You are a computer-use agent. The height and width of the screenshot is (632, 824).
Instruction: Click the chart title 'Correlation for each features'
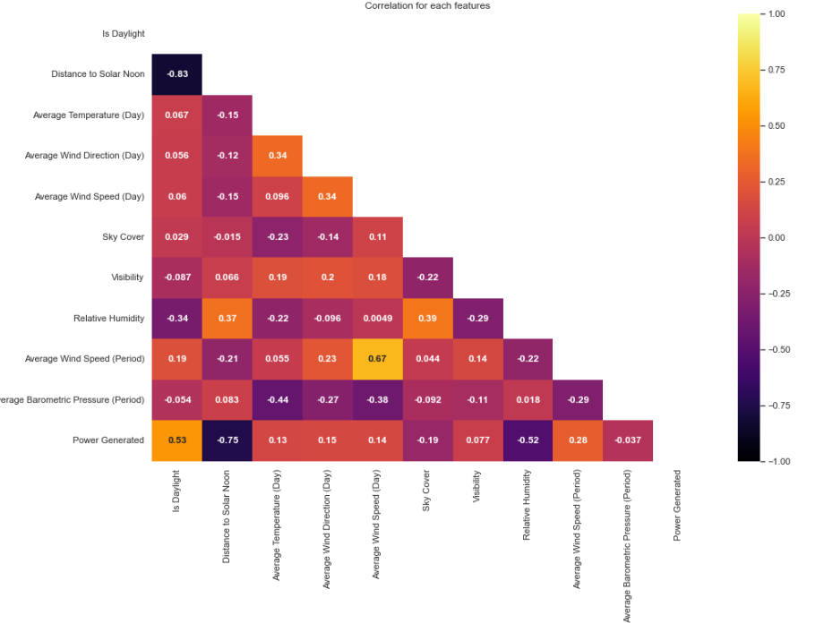[x=427, y=6]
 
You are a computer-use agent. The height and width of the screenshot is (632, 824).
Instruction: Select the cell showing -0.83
[x=176, y=74]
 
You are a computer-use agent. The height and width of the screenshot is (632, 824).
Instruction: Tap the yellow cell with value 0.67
[x=377, y=359]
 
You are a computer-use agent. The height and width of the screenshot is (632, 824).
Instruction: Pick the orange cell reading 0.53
[x=176, y=440]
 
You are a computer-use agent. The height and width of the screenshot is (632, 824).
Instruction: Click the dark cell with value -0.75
[x=227, y=440]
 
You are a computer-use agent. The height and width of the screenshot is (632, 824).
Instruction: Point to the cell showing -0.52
[x=528, y=440]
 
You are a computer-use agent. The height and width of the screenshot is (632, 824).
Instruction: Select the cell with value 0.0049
[x=377, y=319]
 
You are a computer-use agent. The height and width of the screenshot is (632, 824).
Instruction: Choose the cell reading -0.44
[x=277, y=400]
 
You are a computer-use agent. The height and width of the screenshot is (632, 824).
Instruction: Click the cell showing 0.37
[x=227, y=319]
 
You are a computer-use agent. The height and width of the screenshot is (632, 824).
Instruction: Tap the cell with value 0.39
[x=427, y=319]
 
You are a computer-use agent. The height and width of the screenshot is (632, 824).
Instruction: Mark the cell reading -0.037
[x=628, y=440]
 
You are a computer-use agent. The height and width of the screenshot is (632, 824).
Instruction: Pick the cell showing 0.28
[x=578, y=440]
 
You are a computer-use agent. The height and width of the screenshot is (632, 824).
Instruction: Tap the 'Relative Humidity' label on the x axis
[x=528, y=505]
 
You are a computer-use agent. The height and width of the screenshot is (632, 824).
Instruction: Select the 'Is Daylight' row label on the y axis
[x=124, y=34]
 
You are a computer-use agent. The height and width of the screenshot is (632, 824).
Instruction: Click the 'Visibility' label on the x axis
[x=477, y=488]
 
